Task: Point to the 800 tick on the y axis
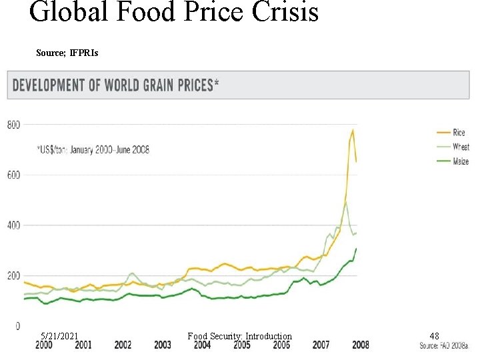13,125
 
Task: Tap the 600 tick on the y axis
13,175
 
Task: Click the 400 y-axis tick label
13,225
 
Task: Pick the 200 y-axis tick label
13,275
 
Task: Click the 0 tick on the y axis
17,326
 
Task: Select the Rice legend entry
459,133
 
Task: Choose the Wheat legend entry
461,147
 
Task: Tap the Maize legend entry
461,161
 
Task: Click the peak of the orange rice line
353,130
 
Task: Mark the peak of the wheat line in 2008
345,202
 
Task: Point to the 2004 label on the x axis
202,345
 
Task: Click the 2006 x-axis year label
281,345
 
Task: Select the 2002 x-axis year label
123,345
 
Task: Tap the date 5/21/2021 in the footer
59,336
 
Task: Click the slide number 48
434,336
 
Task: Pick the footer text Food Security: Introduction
239,336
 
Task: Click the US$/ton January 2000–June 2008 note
93,150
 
